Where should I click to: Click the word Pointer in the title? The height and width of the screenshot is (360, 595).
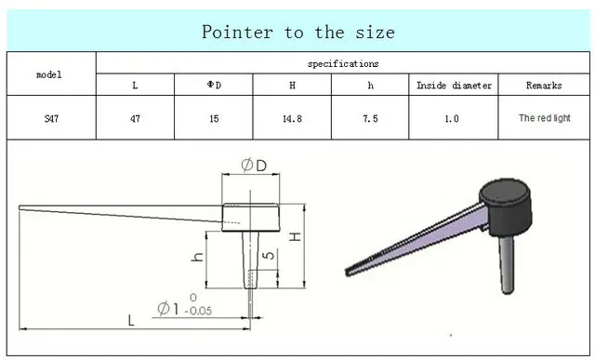[237, 32]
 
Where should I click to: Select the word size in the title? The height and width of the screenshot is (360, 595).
[375, 32]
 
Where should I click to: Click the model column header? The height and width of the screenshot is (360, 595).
[49, 74]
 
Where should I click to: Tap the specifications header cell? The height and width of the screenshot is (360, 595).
[343, 63]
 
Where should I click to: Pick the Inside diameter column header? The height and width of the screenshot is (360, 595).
[454, 85]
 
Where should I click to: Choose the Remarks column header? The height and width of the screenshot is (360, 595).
[544, 85]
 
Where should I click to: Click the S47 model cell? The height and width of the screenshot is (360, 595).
[51, 118]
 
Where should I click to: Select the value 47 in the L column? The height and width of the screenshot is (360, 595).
[135, 118]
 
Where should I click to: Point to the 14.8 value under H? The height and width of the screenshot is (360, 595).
[292, 118]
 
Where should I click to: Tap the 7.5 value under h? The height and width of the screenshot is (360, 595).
[370, 118]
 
